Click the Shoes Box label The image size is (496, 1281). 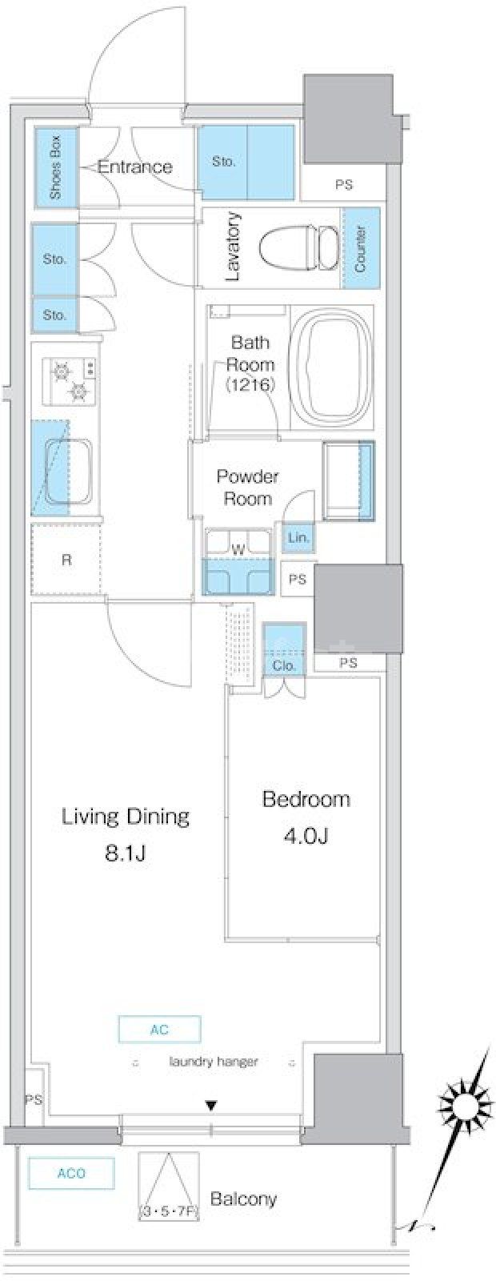[x=56, y=167]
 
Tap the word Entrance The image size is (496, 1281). [x=135, y=167]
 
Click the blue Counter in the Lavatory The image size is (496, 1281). [x=361, y=248]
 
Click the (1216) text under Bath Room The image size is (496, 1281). [x=250, y=385]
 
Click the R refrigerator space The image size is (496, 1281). [x=66, y=559]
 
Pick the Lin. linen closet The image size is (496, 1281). [x=299, y=537]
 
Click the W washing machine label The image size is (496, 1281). [x=238, y=551]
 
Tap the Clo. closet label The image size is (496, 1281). [x=284, y=665]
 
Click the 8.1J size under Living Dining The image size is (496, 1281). [x=125, y=853]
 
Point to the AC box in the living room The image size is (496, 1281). [x=160, y=1029]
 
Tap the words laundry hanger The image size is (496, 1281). [x=214, y=1062]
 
